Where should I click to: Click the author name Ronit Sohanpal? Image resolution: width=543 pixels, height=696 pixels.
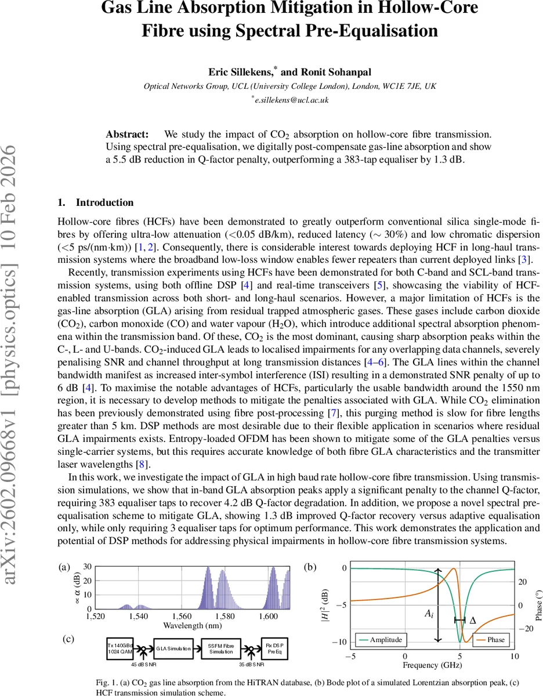(x=330, y=72)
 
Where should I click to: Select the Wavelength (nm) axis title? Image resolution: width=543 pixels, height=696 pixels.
(x=190, y=626)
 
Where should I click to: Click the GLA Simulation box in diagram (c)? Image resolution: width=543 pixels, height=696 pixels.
(x=173, y=648)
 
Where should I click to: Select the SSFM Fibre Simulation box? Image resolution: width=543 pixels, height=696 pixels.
(x=220, y=648)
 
